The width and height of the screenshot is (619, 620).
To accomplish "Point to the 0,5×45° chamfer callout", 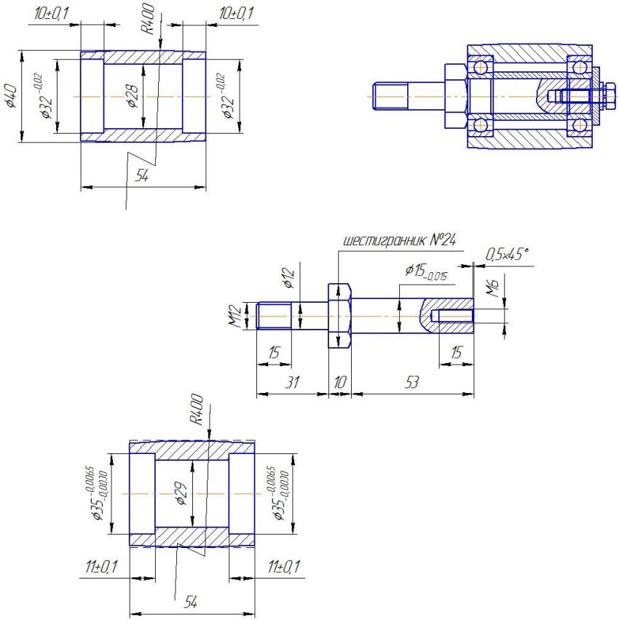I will tap(507, 255).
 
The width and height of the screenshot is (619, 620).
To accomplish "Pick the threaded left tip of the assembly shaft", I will tap(382, 96).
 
